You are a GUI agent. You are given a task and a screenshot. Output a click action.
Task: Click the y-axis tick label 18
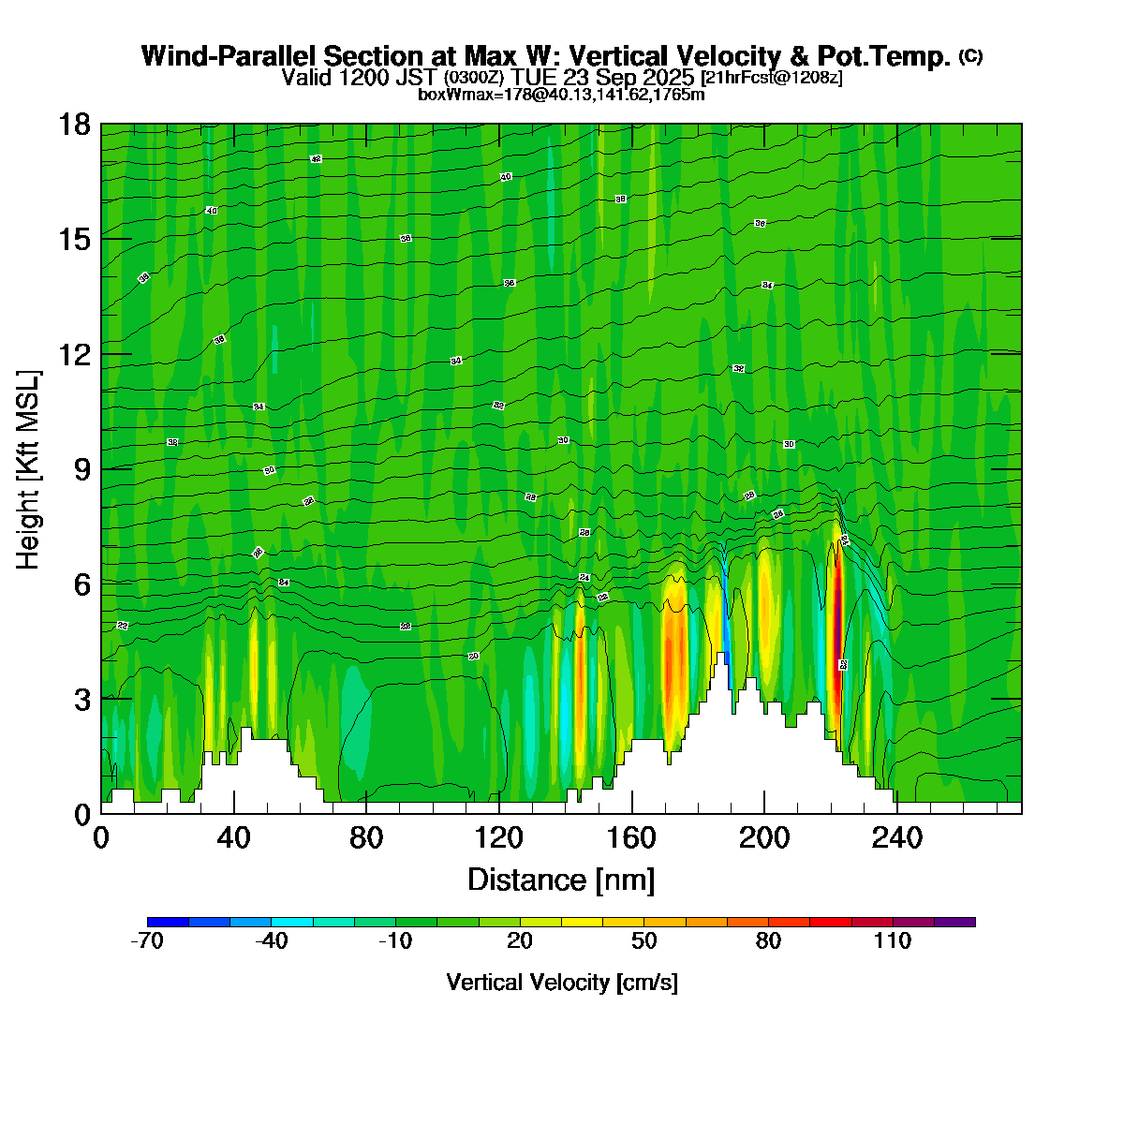point(74,125)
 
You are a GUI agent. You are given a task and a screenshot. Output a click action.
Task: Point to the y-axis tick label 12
point(74,354)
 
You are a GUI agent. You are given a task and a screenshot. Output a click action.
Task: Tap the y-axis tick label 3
point(81,699)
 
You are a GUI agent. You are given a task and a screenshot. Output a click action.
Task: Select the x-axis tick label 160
point(631,838)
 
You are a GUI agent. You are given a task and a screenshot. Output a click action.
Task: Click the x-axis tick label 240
point(897,838)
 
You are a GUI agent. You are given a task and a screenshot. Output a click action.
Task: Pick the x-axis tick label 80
point(366,838)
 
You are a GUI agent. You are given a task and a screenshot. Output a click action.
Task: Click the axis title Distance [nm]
point(561,880)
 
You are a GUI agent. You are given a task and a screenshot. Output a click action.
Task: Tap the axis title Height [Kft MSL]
point(29,470)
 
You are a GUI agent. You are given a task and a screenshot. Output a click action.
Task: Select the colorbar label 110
point(893,941)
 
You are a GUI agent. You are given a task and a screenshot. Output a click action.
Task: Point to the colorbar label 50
point(644,941)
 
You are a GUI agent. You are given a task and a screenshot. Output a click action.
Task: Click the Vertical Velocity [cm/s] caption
point(562,983)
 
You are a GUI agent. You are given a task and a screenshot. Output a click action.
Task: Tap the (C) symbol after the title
point(970,56)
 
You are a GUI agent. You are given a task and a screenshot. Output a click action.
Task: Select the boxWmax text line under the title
point(561,94)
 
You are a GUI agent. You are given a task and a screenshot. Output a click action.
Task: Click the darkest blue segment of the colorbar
point(169,922)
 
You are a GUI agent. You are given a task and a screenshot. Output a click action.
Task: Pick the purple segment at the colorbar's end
point(954,922)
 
